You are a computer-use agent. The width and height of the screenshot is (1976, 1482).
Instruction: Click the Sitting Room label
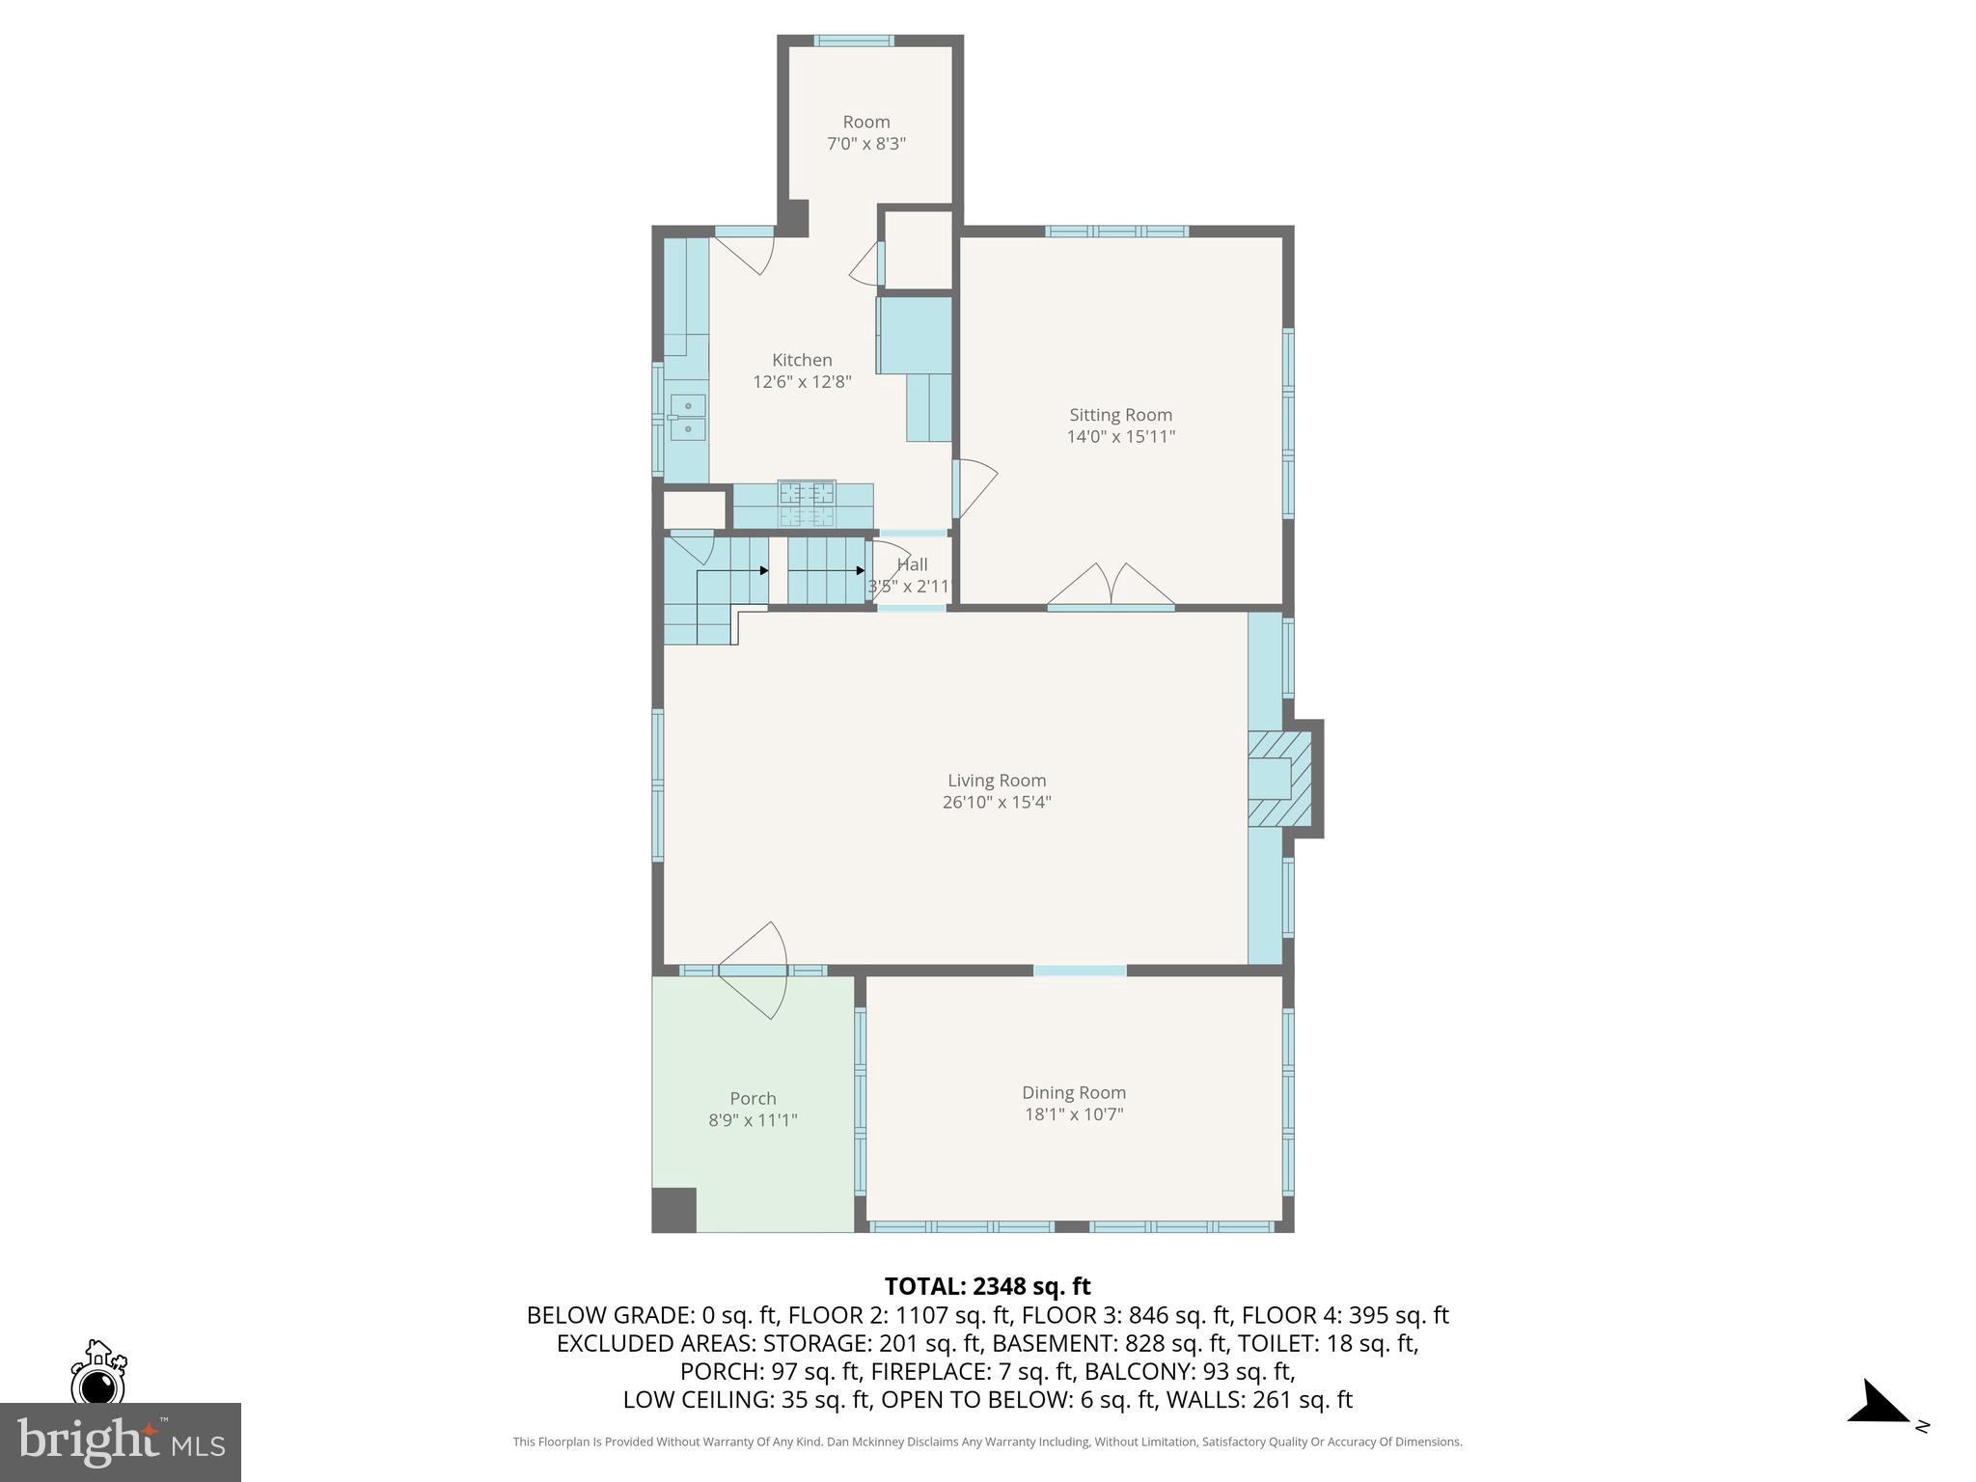(1120, 415)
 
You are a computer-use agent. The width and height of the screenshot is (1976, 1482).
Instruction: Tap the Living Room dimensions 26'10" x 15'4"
(997, 802)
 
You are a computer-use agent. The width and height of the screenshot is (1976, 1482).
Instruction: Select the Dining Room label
(1074, 1092)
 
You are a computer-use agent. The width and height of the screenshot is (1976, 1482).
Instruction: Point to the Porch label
(753, 1098)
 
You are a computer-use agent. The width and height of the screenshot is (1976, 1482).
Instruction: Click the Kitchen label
(802, 360)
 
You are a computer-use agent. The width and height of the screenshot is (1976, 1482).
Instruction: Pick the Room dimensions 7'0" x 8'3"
(866, 144)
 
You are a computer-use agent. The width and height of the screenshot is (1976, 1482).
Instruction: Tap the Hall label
(912, 564)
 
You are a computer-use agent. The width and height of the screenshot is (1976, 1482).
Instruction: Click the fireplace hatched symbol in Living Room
(1280, 779)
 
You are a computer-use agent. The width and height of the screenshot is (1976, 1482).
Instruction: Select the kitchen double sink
(688, 417)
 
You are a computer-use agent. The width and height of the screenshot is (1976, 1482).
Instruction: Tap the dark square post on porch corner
(674, 1210)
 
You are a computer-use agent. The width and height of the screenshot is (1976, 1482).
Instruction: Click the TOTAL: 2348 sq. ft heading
(987, 1286)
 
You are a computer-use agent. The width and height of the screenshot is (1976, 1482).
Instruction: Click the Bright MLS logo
(120, 1441)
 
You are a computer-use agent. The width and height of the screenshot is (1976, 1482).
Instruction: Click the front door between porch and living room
(753, 970)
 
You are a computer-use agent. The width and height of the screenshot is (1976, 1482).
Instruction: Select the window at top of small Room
(853, 41)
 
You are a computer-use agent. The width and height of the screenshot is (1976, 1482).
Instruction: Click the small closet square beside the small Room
(918, 249)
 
